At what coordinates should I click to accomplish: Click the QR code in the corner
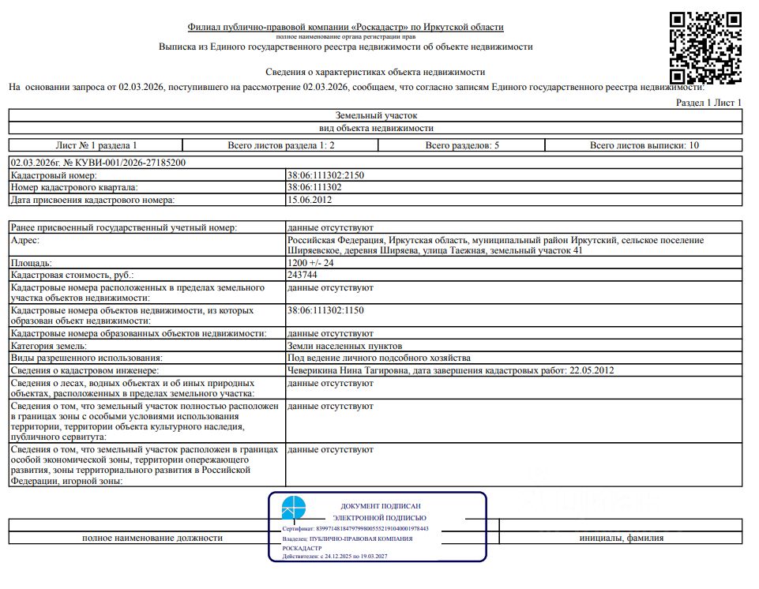click(705, 47)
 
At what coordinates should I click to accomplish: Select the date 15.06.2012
click(310, 200)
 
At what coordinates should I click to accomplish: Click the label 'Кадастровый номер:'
click(54, 175)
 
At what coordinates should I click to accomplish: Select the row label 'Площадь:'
click(31, 263)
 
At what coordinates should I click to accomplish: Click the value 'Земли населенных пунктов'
click(345, 346)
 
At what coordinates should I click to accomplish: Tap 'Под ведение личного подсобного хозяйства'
click(378, 358)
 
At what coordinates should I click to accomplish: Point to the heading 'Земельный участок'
click(376, 115)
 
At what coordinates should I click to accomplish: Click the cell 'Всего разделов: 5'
click(462, 145)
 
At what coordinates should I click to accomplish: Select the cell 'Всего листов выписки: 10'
click(644, 145)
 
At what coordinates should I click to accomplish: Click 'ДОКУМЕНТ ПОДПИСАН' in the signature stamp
click(380, 506)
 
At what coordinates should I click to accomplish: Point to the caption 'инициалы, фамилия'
click(621, 538)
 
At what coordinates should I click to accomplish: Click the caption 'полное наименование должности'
click(152, 538)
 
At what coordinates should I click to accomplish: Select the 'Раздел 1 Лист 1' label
click(709, 103)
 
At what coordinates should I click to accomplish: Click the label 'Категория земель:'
click(48, 346)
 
